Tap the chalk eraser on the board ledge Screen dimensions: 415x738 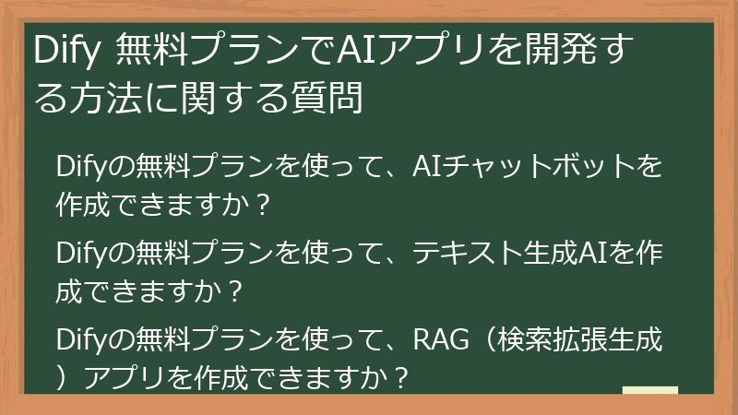click(649, 391)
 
